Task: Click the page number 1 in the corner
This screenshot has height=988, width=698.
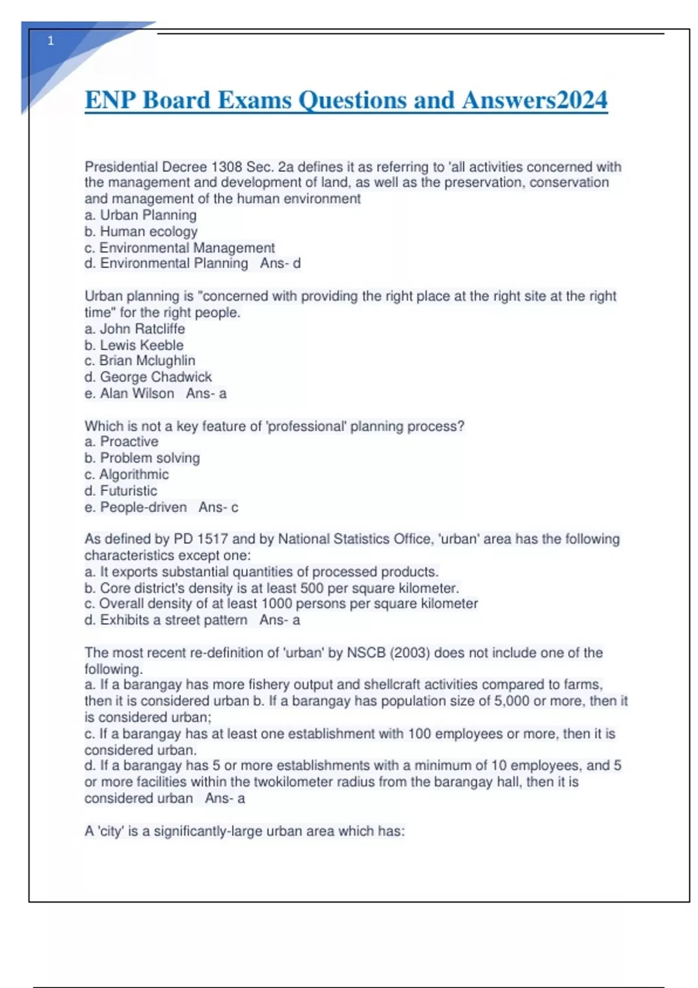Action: (x=51, y=41)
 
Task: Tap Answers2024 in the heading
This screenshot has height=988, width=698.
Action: (x=535, y=100)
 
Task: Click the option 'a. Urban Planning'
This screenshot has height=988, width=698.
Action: (x=141, y=215)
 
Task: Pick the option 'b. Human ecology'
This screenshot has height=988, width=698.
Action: (x=141, y=231)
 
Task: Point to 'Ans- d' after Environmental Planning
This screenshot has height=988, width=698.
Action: (x=280, y=263)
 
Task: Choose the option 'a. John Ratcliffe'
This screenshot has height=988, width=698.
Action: (x=135, y=329)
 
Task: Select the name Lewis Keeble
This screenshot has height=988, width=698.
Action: (x=141, y=345)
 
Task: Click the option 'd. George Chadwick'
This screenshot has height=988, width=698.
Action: (x=148, y=377)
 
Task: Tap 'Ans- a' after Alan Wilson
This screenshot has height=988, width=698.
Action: (x=206, y=393)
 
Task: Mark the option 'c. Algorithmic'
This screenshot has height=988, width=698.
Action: (x=127, y=474)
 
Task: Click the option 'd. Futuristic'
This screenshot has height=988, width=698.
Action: (x=121, y=491)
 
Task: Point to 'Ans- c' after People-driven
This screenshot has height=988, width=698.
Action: (x=219, y=507)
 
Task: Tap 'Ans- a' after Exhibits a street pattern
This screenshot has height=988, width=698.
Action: (x=280, y=620)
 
